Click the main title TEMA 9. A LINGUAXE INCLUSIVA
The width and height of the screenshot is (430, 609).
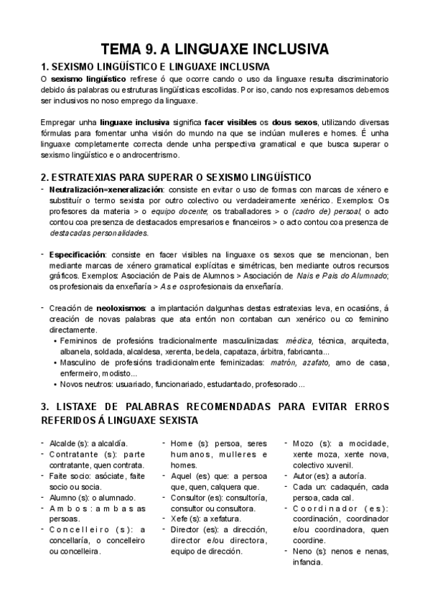coord(215,49)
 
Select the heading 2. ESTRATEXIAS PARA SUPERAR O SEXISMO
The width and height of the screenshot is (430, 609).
coord(176,177)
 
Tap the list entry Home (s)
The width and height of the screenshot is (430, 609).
coord(190,443)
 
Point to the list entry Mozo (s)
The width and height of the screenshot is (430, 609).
coord(311,443)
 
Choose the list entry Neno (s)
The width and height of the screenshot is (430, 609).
coord(310,552)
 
